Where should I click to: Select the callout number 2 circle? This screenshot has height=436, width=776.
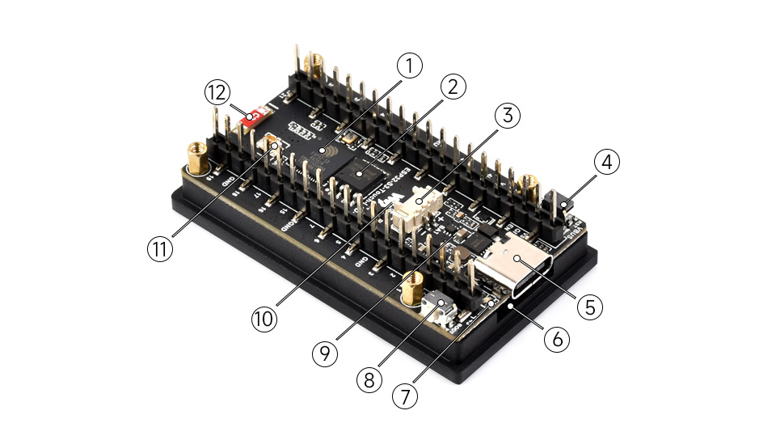454,87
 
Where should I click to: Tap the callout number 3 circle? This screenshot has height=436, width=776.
506,116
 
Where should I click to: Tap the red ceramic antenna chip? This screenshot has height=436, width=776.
255,116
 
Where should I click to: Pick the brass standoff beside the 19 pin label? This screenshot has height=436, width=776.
196,157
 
